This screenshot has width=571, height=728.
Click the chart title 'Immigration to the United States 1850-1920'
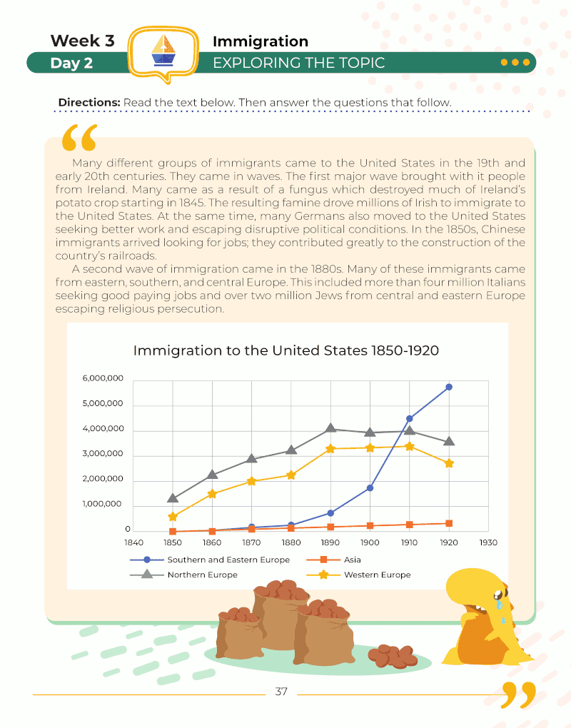(x=285, y=350)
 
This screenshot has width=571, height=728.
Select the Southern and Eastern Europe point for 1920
(x=449, y=387)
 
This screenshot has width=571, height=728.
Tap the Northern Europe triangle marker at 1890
(x=330, y=428)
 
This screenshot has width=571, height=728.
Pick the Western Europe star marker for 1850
(x=173, y=516)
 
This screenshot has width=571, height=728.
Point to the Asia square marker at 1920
(x=449, y=523)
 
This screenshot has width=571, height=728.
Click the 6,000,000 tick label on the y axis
(x=104, y=378)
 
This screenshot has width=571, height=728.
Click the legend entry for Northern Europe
(x=202, y=575)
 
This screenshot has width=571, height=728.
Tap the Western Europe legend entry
(x=376, y=575)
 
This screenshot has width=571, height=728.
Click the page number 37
(x=281, y=692)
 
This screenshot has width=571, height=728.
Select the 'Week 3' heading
(x=82, y=41)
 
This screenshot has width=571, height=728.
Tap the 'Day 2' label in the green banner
(x=71, y=63)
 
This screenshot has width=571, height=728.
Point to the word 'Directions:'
(x=89, y=103)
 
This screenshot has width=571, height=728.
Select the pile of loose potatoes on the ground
(x=392, y=654)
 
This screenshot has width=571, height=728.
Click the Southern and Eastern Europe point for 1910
(x=409, y=418)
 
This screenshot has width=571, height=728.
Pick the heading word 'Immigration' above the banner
(x=261, y=41)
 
